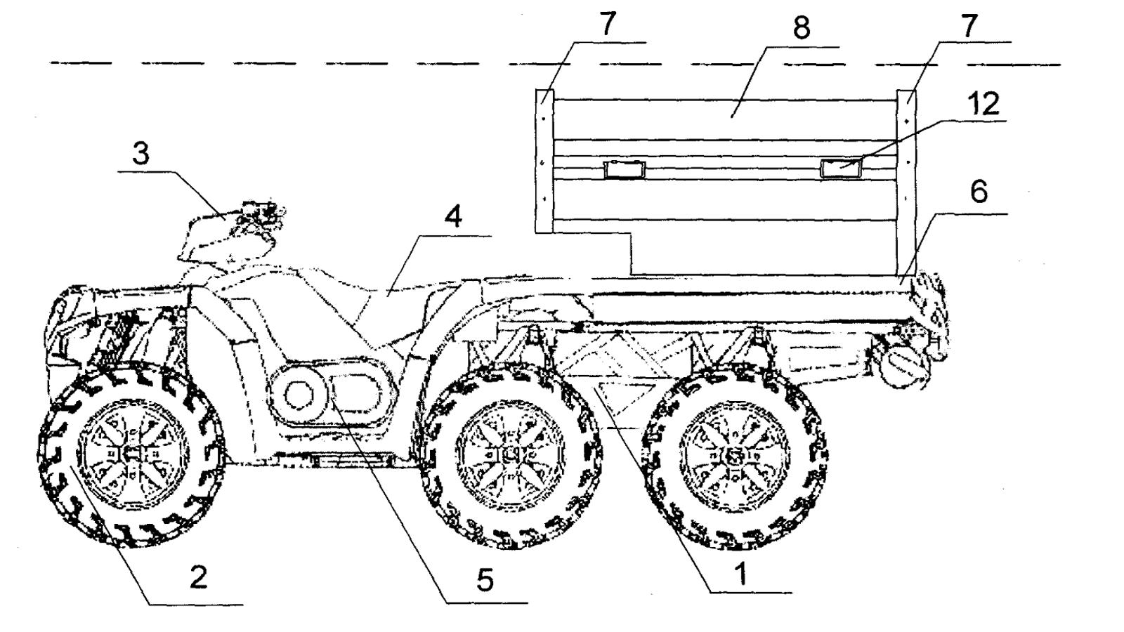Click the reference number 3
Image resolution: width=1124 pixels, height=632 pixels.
pos(141,154)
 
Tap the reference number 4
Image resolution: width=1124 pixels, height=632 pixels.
pos(453,217)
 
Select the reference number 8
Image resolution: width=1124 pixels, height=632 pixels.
pos(802,27)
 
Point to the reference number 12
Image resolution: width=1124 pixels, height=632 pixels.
pos(983,104)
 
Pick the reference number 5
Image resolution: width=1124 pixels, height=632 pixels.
pos(485,580)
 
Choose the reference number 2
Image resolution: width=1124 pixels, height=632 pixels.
pos(199,577)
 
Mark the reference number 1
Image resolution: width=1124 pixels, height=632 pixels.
pos(742,573)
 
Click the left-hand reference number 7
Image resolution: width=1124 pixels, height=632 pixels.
pos(608,24)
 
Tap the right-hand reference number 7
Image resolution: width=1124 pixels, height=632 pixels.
pos(969,25)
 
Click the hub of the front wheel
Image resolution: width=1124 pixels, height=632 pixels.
pos(133,454)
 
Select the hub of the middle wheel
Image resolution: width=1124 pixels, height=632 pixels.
pos(511,455)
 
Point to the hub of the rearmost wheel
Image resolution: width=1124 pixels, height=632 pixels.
pos(734,457)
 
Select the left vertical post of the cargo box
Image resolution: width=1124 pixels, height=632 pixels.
pos(544,161)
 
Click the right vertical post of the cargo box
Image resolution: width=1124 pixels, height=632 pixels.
pos(906,183)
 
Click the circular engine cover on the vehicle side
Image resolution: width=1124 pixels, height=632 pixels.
pos(299,395)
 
